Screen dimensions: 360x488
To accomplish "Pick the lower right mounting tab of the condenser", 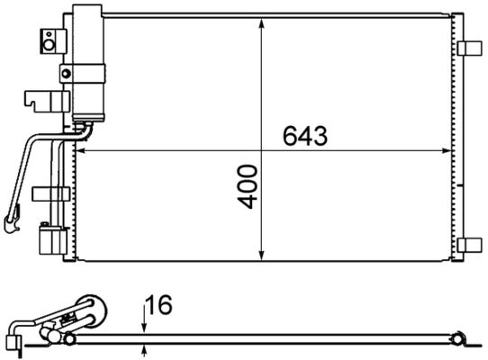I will [468, 245].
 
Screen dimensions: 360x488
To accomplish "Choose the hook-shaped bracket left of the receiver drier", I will [36, 97].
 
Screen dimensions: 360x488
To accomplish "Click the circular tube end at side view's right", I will [459, 339].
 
